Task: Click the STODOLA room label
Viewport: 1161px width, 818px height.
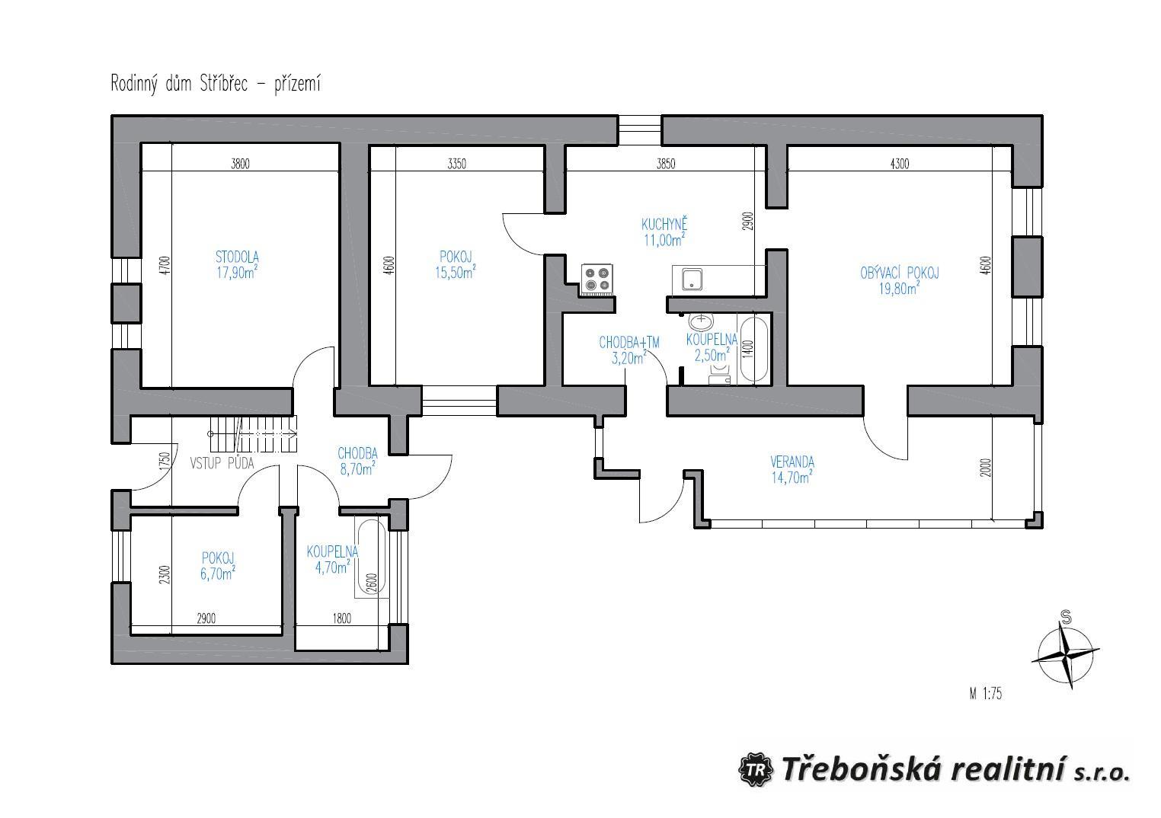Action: [x=237, y=257]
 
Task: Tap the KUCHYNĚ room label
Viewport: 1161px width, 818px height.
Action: [x=664, y=225]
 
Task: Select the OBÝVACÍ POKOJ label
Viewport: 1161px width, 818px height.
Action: [x=899, y=273]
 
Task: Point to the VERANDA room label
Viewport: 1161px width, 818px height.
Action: [x=792, y=462]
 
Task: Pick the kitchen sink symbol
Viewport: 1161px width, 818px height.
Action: [x=692, y=280]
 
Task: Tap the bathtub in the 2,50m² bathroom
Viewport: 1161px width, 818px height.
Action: [x=754, y=350]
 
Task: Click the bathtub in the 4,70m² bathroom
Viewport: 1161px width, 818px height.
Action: [x=371, y=557]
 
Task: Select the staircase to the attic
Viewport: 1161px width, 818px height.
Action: [x=254, y=434]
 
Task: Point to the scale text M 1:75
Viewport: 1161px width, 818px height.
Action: [x=985, y=694]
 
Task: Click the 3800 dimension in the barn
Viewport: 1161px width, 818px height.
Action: [x=240, y=165]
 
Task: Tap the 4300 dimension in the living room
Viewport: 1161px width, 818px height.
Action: [x=899, y=165]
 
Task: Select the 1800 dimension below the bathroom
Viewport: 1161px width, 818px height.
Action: [x=341, y=618]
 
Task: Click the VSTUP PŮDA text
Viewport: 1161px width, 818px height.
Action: [x=222, y=463]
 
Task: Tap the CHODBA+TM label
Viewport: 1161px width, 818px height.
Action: [x=629, y=343]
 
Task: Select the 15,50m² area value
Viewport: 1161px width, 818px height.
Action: [x=455, y=273]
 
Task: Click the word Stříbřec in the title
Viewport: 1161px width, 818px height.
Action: [x=224, y=84]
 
